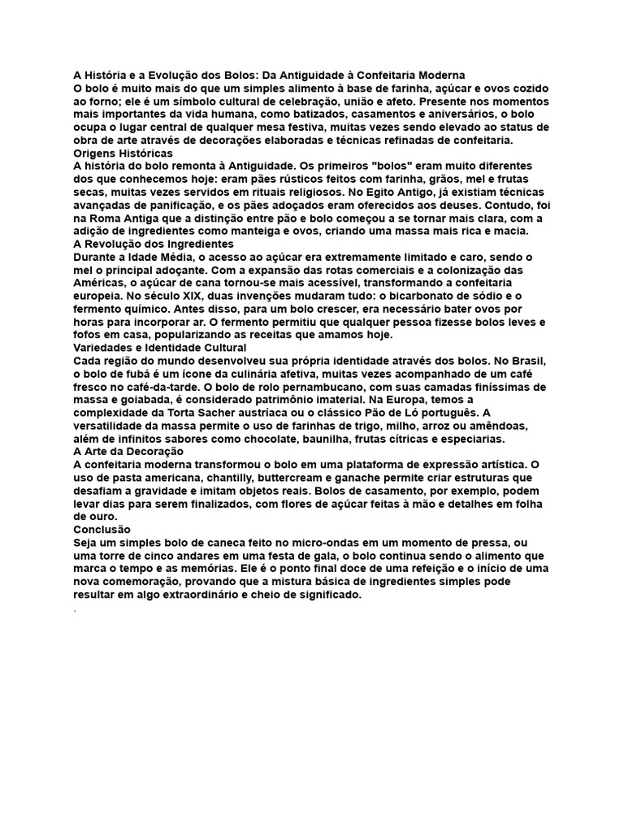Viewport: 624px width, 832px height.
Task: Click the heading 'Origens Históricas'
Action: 123,153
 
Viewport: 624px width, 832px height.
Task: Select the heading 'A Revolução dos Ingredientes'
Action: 154,244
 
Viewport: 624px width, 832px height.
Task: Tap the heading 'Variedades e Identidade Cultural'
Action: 160,347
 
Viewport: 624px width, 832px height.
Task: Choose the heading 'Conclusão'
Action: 102,529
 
